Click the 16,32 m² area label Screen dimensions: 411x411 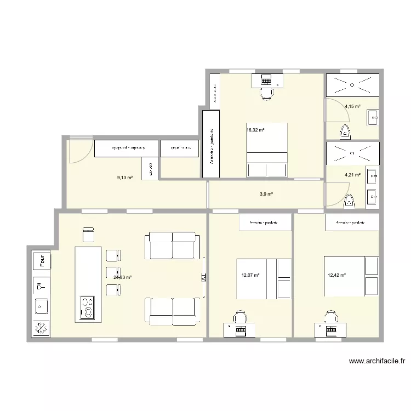(x=256, y=130)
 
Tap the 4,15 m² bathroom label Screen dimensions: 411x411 (x=352, y=106)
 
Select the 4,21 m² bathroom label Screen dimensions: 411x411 (x=352, y=175)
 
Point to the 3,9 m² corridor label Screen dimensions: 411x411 (x=266, y=194)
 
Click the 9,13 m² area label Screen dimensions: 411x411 (x=125, y=178)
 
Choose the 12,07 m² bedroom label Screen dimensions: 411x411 (x=250, y=276)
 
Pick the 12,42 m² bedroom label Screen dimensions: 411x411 (x=336, y=276)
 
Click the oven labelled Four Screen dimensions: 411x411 (x=41, y=261)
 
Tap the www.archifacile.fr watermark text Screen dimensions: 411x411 (x=376, y=361)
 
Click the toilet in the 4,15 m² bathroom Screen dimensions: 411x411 (x=345, y=131)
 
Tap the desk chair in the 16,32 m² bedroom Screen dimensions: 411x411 (x=266, y=94)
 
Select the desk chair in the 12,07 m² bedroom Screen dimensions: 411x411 (x=239, y=317)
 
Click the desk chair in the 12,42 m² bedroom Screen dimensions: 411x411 (x=330, y=317)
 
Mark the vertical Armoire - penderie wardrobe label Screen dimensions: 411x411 (x=211, y=145)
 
